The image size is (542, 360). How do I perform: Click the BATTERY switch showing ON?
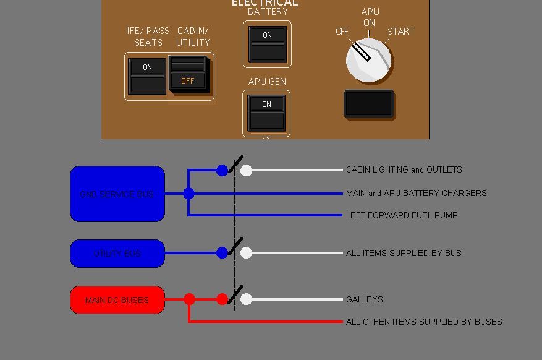pos(267,45)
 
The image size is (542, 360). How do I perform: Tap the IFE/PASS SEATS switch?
pos(147,76)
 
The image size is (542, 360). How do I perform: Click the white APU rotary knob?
pos(369,61)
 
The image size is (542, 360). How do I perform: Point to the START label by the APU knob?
pos(400,32)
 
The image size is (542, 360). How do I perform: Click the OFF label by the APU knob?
pos(342,32)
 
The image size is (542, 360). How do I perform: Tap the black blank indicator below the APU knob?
pos(369,103)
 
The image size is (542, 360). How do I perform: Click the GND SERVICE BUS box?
pos(117,194)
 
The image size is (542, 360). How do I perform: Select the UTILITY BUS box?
pos(117,254)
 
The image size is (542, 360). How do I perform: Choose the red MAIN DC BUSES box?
pos(117,300)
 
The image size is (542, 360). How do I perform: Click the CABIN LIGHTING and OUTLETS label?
pos(404,169)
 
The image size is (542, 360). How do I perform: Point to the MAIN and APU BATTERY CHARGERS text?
pos(416,193)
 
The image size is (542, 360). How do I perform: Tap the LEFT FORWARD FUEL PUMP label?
pos(402,215)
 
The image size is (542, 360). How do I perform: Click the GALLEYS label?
pos(365,299)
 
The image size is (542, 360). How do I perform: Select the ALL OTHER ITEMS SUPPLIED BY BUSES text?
pos(424,322)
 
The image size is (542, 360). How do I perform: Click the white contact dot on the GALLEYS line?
pos(246,299)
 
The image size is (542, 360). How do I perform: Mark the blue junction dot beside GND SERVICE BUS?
pos(189,194)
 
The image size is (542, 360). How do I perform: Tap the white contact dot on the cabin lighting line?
pos(246,170)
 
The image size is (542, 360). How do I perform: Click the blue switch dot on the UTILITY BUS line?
pos(222,253)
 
